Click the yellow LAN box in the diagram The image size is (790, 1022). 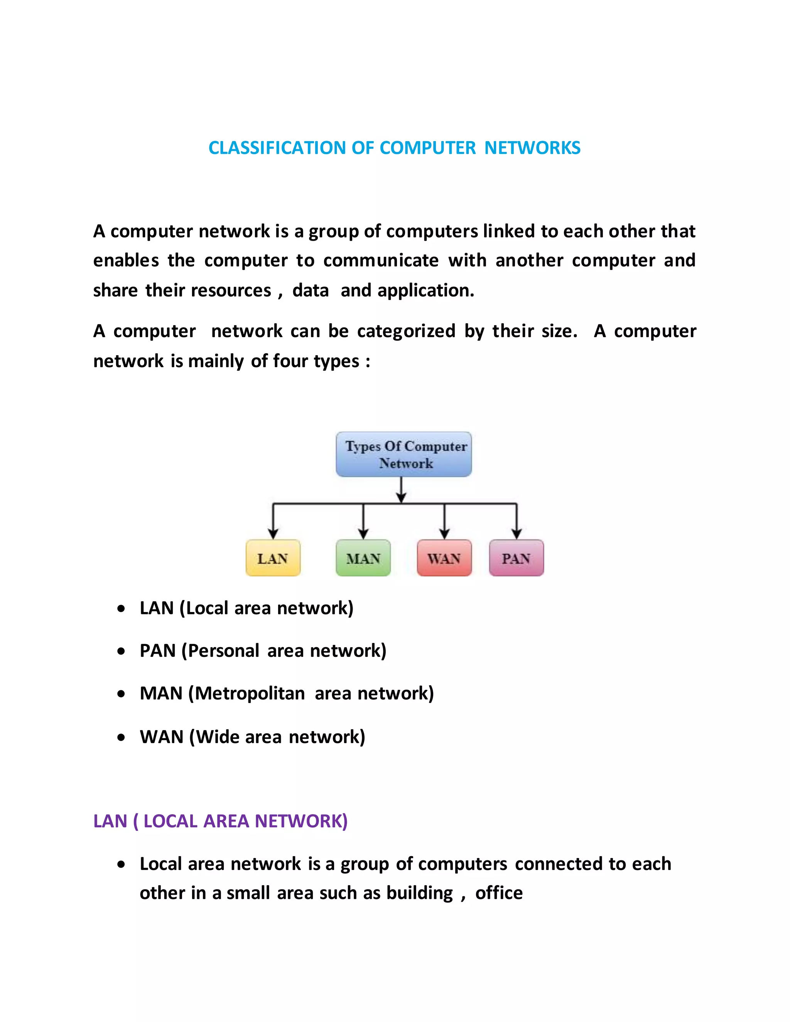click(x=273, y=558)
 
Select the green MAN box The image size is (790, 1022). click(x=363, y=558)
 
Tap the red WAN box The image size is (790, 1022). click(x=444, y=558)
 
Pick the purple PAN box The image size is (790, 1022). click(x=516, y=558)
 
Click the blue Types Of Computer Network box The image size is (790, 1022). click(x=404, y=454)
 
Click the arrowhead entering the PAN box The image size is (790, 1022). click(x=517, y=534)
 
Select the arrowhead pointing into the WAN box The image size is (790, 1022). click(x=445, y=534)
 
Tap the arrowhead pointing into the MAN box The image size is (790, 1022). click(x=363, y=534)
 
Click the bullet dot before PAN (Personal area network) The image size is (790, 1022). click(x=121, y=651)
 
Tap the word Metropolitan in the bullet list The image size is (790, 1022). click(x=250, y=693)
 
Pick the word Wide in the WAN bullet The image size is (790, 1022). click(x=217, y=737)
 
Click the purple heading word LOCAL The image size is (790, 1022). click(x=170, y=821)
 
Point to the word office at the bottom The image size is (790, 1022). click(x=499, y=893)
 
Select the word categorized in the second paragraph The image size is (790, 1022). click(x=406, y=331)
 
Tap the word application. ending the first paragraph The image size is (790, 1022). click(x=426, y=291)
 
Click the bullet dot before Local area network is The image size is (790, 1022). click(x=121, y=865)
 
